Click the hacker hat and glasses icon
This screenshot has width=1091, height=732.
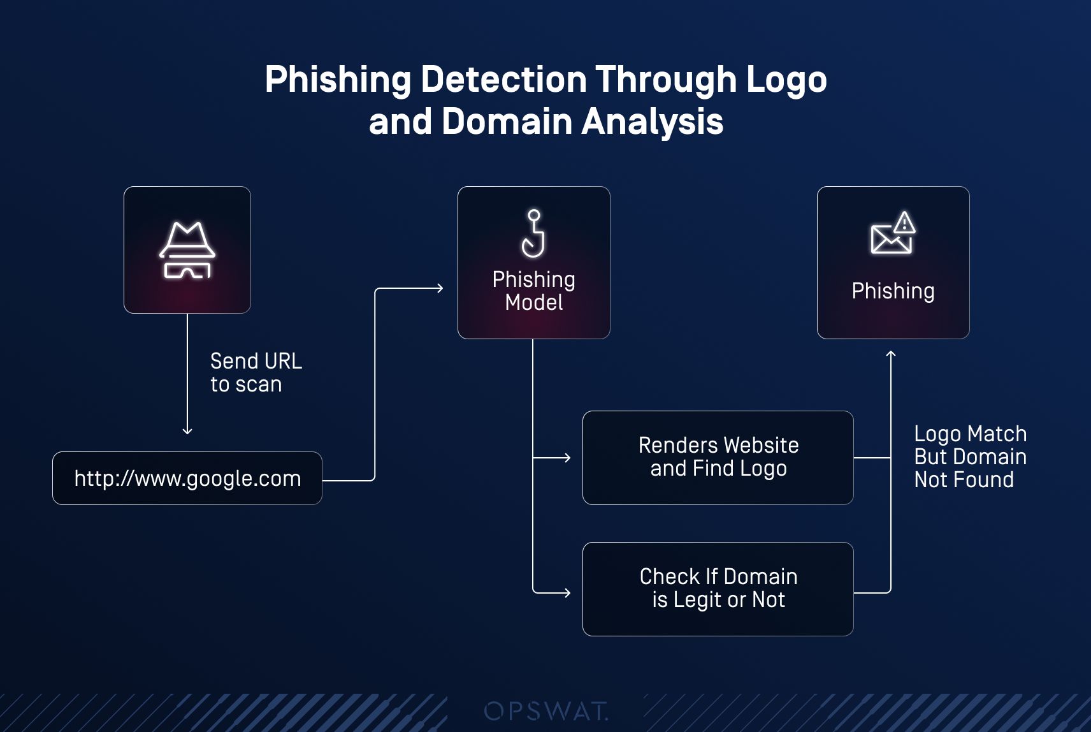pos(187,250)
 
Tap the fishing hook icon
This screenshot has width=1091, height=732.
pos(533,233)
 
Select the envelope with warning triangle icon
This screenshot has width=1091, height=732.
pos(892,233)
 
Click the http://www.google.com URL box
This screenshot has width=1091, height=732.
pos(187,478)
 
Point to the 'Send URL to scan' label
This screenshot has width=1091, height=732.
pos(256,372)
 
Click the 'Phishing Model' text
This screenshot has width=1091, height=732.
pos(533,291)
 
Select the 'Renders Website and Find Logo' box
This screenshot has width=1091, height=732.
pos(718,457)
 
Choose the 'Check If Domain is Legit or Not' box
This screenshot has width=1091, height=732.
pos(718,589)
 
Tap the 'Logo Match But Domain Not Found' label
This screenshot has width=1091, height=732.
pos(970,457)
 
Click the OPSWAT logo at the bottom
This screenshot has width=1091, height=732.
pos(545,710)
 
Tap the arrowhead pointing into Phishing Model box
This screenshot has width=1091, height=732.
pos(440,288)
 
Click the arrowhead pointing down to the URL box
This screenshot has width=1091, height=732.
pos(187,431)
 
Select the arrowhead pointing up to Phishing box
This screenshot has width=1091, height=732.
pos(891,354)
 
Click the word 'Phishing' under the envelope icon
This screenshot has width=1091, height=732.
pos(892,291)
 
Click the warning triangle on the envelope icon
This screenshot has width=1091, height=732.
pos(904,223)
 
